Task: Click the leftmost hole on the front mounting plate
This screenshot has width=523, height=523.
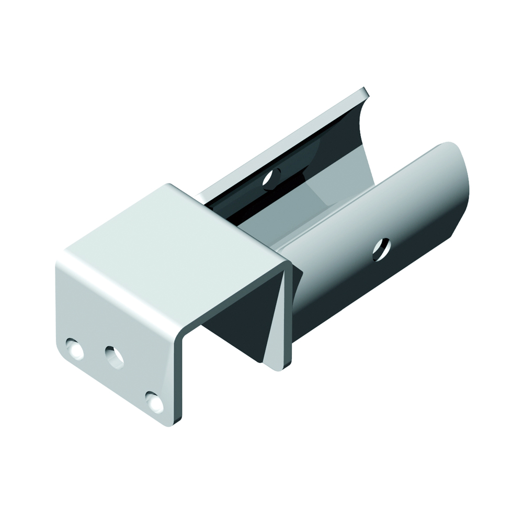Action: pos(74,349)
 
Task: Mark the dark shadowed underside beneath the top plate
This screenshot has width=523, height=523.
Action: pos(230,324)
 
